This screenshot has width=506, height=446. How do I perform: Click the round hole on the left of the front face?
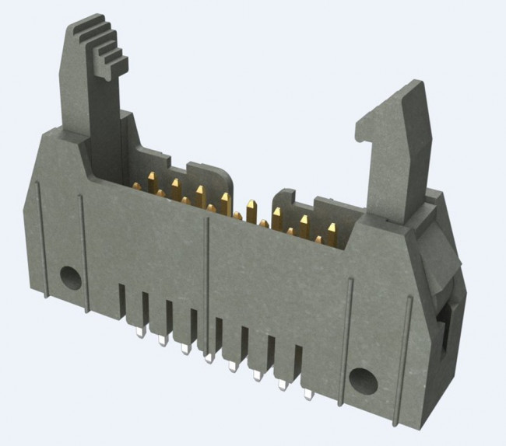(x=69, y=276)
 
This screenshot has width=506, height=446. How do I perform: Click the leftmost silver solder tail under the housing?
(x=138, y=332)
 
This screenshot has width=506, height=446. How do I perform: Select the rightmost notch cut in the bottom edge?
(x=297, y=365)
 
